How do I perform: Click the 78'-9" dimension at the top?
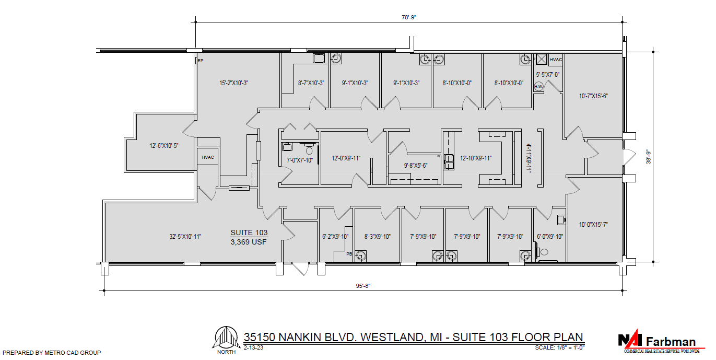coord(408,17)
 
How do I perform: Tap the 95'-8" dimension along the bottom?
coord(362,285)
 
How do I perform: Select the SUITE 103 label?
coord(249,233)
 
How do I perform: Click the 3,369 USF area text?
coord(249,241)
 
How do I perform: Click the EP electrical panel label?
coord(200,61)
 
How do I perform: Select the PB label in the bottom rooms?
coord(349,254)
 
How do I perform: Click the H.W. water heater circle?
coord(538,87)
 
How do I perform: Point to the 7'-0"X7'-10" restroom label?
coord(300,160)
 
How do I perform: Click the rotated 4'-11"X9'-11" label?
coord(528,158)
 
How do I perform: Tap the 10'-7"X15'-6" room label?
coord(593,96)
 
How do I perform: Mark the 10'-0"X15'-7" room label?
coord(593,224)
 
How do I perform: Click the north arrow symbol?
coord(226,339)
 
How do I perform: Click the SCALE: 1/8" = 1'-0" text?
coord(559,347)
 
